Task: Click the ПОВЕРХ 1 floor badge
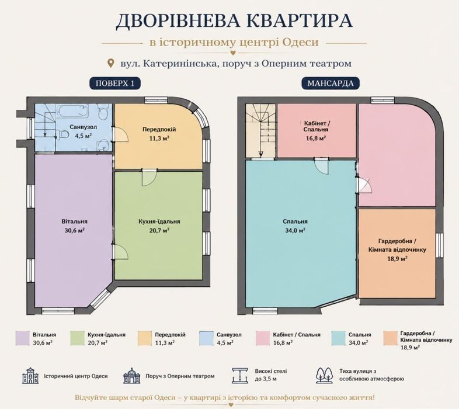[114, 84]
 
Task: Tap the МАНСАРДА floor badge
[331, 84]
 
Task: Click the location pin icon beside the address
[110, 63]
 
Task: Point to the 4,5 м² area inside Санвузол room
[83, 136]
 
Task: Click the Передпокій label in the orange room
[159, 129]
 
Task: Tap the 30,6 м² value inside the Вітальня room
[74, 230]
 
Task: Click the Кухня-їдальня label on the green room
[159, 221]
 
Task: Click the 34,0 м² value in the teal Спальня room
[295, 230]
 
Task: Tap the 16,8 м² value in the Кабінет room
[316, 138]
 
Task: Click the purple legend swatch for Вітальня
[23, 338]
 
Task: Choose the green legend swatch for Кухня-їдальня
[78, 338]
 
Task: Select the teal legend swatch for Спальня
[338, 338]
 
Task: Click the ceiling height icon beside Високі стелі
[240, 375]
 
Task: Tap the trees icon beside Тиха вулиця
[324, 375]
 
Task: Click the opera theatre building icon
[132, 375]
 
